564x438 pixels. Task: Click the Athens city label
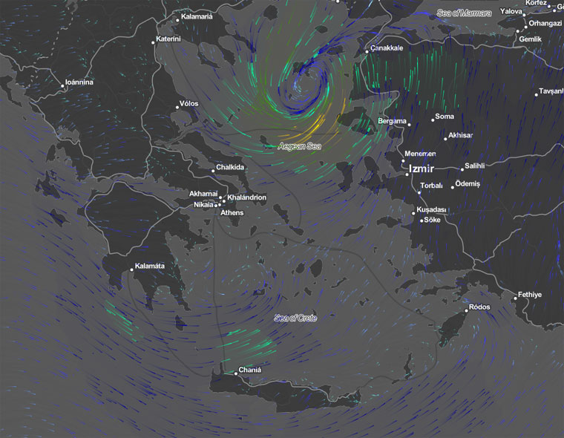(x=232, y=213)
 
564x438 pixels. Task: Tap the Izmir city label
(x=421, y=169)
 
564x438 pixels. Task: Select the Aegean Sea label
(x=299, y=147)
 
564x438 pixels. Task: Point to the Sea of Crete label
(x=295, y=318)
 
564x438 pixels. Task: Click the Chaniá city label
(x=249, y=370)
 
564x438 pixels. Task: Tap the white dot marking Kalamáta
(x=132, y=269)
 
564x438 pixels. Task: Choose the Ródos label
(x=479, y=307)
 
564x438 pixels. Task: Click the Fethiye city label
(x=530, y=295)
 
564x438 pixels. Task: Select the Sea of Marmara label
(x=465, y=13)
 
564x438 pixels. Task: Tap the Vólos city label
(x=188, y=103)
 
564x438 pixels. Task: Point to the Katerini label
(x=168, y=39)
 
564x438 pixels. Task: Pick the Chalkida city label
(x=229, y=167)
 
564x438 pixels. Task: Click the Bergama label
(x=392, y=121)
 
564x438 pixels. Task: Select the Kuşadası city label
(x=431, y=210)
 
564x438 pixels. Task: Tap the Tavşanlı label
(x=552, y=91)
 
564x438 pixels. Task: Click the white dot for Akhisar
(x=445, y=138)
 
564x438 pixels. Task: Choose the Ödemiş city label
(x=468, y=183)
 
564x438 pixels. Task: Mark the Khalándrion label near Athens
(x=247, y=197)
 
